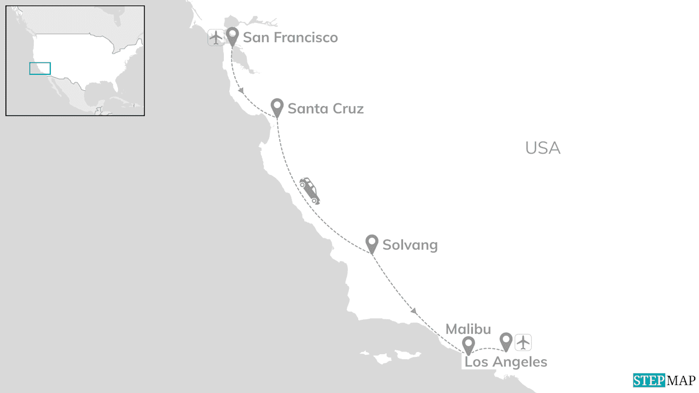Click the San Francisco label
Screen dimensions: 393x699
(290, 37)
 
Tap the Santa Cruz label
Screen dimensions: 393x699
(325, 108)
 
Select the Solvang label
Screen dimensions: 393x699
(410, 244)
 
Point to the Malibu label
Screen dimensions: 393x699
(468, 329)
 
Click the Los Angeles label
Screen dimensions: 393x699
(506, 362)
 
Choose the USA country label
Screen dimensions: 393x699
(542, 148)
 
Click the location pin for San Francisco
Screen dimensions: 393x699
(233, 36)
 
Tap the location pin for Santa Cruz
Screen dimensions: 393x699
(277, 107)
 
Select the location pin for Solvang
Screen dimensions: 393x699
(372, 243)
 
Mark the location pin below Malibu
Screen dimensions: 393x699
(468, 345)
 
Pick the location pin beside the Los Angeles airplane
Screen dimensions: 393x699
(506, 341)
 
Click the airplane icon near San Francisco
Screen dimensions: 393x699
(216, 38)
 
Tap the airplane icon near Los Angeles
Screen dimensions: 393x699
(523, 342)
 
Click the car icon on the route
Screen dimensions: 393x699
(310, 190)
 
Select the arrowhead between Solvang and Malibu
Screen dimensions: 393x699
(414, 311)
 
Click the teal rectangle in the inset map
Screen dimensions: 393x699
(40, 68)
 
